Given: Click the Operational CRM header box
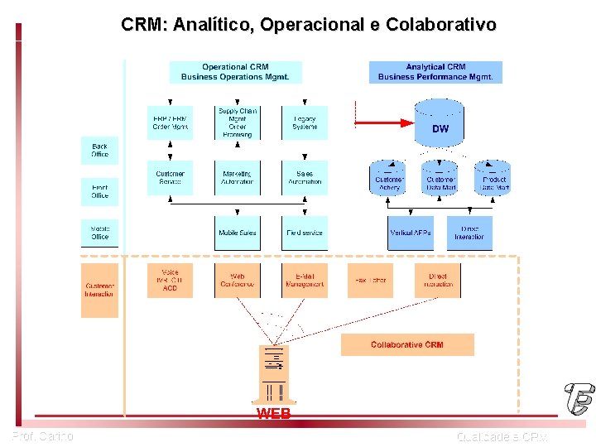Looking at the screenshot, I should pos(235,72).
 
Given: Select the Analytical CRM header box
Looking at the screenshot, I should pos(435,72).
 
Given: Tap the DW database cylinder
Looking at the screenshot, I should pos(440,123).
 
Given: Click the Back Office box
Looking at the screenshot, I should pos(99,151).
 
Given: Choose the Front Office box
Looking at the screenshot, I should pos(99,191).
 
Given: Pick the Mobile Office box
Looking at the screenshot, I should pos(99,233).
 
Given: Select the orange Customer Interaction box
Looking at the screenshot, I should pos(99,290).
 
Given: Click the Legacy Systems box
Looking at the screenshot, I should pos(305,123).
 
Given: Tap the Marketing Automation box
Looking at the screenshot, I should pos(237,178).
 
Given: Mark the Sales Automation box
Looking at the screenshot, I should pos(305,178).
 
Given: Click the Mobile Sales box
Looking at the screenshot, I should pos(237,233).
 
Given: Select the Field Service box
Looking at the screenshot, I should pos(305,233).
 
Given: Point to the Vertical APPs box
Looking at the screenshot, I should pos(411,233).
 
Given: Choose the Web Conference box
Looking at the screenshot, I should pos(237,281).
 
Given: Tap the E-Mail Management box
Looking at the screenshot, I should pos(305,281).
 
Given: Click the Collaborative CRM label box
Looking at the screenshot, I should pos(407,344).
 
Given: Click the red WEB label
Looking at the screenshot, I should pos(273,412).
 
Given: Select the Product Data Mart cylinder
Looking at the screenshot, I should pos(494,178).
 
